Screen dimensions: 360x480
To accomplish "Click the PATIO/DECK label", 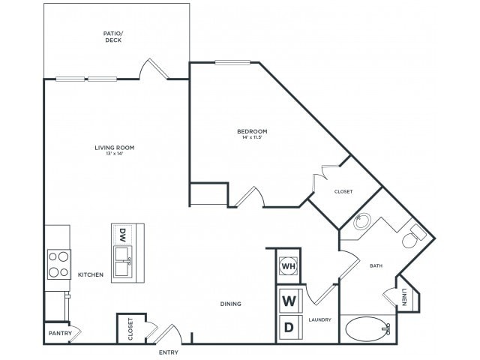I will [x=112, y=36].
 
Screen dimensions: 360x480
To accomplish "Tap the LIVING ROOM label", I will [x=114, y=147].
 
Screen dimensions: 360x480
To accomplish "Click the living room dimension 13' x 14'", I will [x=114, y=154].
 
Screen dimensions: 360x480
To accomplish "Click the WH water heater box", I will [x=288, y=265].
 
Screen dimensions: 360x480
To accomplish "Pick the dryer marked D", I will [x=288, y=326].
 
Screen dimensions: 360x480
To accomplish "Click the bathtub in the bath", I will [x=367, y=328].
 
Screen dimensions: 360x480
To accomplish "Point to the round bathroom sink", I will [x=361, y=222].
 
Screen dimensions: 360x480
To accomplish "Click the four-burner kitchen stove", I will [x=57, y=264].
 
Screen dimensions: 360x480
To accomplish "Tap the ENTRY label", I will [x=168, y=351].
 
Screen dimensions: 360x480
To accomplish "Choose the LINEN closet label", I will [x=403, y=297].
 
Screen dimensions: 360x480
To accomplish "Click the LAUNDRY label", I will [x=319, y=319].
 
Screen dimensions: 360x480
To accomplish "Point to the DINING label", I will [x=230, y=304].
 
